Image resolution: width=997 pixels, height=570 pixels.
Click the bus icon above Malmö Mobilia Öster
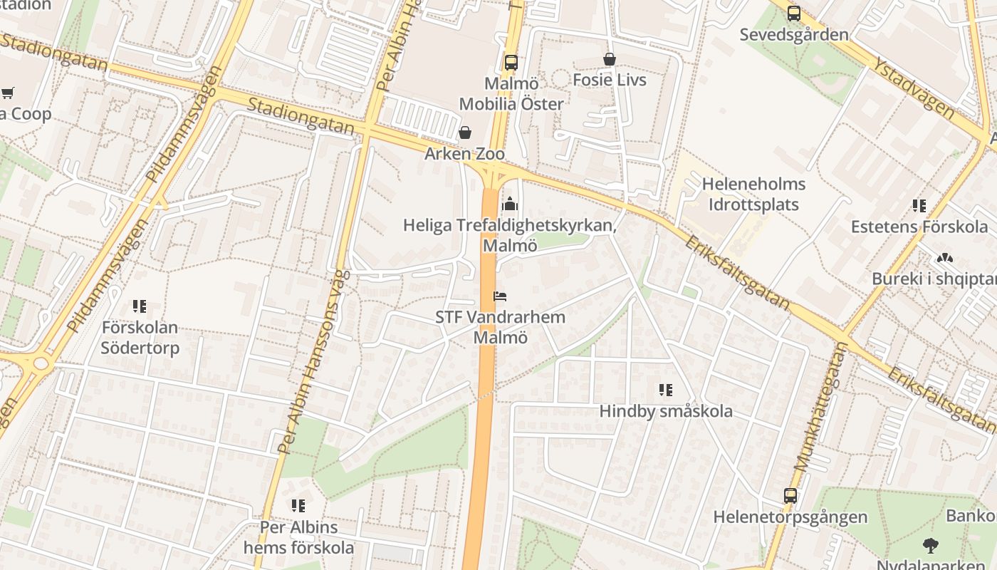[511, 63]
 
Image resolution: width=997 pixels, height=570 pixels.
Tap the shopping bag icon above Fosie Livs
[610, 59]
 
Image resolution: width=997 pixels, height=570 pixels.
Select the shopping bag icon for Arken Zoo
[465, 133]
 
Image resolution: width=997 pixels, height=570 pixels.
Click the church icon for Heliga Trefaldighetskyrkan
[509, 204]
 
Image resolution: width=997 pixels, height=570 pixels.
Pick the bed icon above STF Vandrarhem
[500, 296]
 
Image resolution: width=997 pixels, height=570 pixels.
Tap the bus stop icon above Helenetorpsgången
[790, 496]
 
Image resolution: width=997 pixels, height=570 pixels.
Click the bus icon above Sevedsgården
[794, 13]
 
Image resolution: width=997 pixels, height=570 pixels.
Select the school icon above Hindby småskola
[666, 390]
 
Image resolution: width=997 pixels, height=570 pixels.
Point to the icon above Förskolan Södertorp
[140, 307]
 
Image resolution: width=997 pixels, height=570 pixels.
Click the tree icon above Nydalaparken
[930, 546]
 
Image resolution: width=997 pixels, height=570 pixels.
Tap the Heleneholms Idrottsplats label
[753, 195]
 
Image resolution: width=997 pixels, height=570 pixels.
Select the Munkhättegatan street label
[821, 407]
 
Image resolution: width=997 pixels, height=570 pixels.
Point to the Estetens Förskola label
[919, 227]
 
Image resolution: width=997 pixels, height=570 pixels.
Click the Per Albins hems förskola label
[298, 538]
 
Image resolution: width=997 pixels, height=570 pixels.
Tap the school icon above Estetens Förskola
[919, 206]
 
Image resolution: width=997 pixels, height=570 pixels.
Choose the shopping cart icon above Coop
[8, 93]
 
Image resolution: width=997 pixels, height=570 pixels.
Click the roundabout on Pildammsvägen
[40, 363]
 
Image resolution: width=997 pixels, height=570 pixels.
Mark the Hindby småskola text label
[666, 411]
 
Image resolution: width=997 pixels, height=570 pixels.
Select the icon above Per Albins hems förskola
[298, 506]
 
